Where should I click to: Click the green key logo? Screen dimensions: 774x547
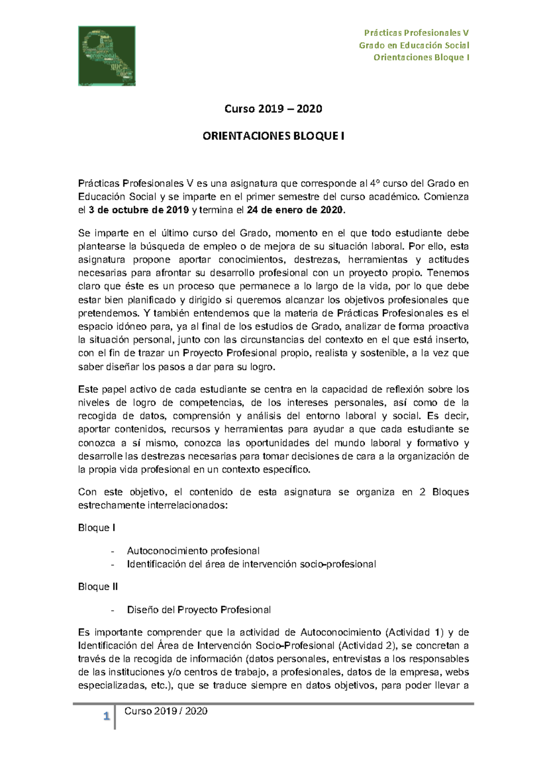[107, 56]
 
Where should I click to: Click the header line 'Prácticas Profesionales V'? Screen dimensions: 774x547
[416, 33]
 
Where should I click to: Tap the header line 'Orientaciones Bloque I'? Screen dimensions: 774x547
[421, 57]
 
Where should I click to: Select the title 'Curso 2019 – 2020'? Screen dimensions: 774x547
[273, 109]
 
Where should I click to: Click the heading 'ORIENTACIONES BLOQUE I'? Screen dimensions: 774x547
[273, 136]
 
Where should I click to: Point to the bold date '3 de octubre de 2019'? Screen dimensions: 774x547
[139, 210]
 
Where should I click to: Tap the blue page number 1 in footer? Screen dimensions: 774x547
[107, 717]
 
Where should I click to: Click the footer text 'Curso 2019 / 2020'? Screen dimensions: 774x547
[166, 711]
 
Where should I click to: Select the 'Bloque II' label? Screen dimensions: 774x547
[98, 587]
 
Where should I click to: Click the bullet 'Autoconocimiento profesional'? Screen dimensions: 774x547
[193, 551]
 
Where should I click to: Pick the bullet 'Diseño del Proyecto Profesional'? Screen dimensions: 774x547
[199, 610]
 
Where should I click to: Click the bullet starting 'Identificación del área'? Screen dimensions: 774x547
[251, 564]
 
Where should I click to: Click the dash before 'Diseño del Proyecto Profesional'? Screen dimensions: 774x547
[113, 610]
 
